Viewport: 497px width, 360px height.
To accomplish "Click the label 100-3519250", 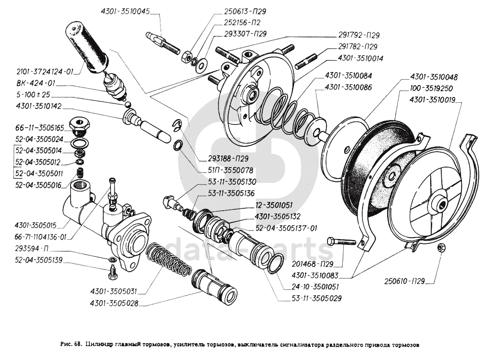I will [x=431, y=89].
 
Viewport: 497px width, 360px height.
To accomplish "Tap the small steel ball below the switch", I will [x=128, y=105].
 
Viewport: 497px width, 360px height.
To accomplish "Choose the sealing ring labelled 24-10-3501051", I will [x=275, y=264].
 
